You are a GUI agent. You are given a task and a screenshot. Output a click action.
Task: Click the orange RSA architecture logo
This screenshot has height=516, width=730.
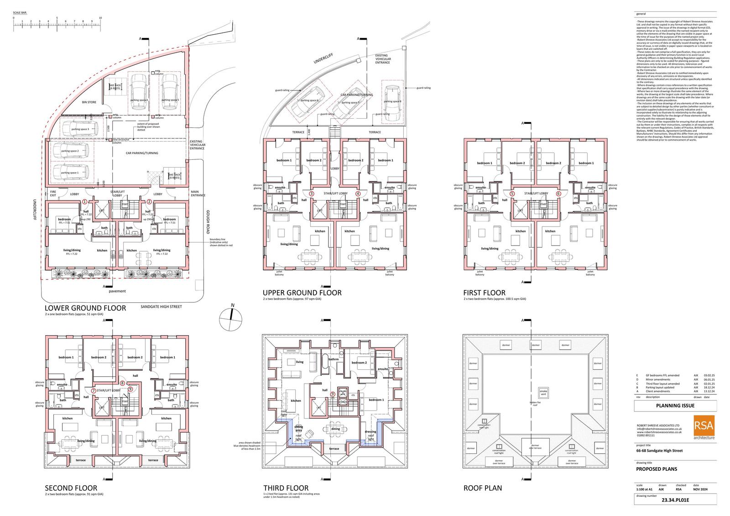704,427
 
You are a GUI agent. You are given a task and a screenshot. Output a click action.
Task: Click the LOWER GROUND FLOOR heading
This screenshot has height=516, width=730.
85,308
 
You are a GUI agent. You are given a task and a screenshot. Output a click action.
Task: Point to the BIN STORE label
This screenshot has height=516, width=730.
89,102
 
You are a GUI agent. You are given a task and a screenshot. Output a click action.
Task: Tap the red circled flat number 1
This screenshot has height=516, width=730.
84,201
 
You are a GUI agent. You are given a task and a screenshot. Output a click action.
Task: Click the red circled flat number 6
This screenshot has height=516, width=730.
558,194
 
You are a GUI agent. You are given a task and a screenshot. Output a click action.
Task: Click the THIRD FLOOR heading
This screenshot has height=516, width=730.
286,488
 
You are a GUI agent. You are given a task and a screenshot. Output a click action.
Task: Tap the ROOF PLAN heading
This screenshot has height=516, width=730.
483,488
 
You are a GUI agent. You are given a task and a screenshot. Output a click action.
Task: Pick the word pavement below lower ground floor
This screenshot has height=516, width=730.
117,291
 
